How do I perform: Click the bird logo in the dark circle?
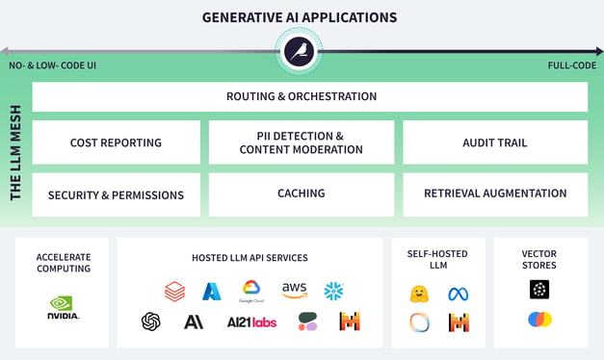tap(299, 52)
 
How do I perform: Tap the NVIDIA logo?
tap(64, 308)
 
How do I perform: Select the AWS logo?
tap(295, 291)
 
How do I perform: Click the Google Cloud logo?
tap(251, 292)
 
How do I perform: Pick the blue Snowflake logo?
tap(333, 291)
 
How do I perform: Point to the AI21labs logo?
tap(251, 321)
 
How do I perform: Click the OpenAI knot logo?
tap(150, 321)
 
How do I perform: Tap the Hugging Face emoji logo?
tap(419, 295)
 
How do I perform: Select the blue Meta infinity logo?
tap(459, 295)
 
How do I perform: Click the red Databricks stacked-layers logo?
tap(175, 292)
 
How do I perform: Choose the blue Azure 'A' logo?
tap(212, 292)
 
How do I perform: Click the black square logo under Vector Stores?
tap(539, 289)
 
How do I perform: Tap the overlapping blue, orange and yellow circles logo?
tap(539, 320)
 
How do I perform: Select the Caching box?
tap(302, 194)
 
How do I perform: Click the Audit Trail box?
tap(495, 142)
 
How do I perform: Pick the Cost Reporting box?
tap(116, 142)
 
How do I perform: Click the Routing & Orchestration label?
tap(302, 96)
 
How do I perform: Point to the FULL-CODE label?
tap(572, 65)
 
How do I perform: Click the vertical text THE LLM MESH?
tap(15, 152)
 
